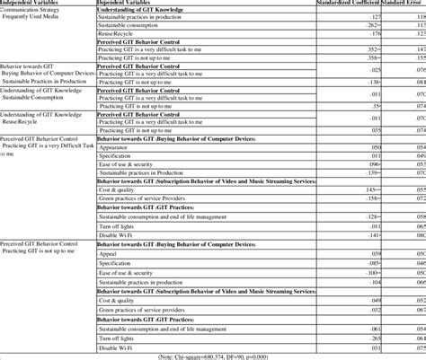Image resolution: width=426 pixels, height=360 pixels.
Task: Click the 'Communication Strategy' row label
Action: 34,15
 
